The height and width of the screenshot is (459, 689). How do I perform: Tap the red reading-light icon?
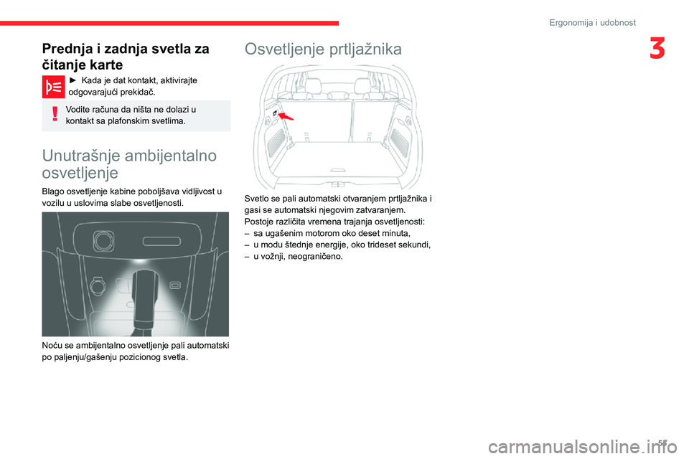pyautogui.click(x=53, y=87)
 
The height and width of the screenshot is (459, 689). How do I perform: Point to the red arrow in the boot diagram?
pyautogui.click(x=286, y=115)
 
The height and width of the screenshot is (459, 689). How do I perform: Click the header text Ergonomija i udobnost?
pyautogui.click(x=592, y=22)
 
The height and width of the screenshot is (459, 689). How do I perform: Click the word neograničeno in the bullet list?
pyautogui.click(x=314, y=256)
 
